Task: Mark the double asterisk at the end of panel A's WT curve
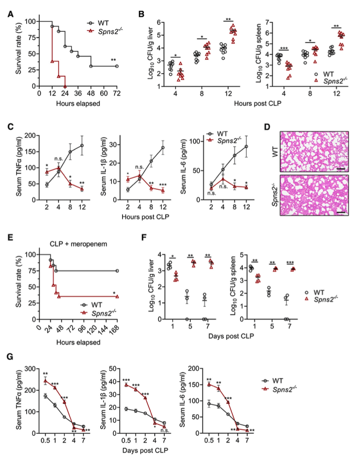[113, 60]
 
